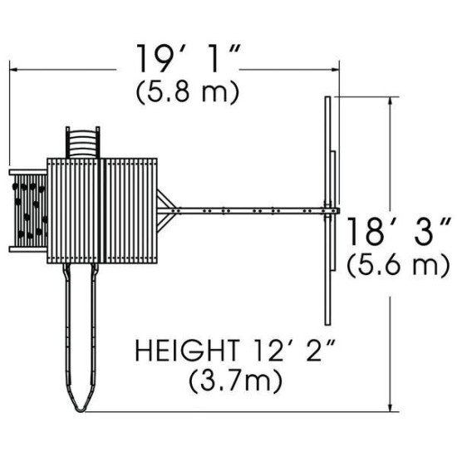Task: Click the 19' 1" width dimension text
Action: (189, 59)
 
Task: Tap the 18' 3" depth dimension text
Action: (398, 232)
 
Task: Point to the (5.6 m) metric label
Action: (398, 264)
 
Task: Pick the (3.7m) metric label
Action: (236, 381)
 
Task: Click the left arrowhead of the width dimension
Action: (13, 70)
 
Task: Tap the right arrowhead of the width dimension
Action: (335, 70)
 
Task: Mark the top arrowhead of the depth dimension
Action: (391, 101)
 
